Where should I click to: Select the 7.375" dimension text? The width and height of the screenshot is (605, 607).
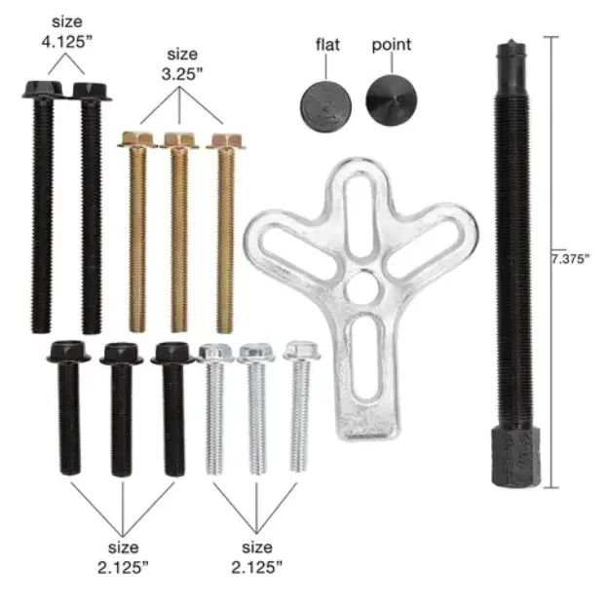570,259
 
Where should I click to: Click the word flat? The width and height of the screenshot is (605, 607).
327,45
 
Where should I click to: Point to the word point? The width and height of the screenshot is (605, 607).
391,45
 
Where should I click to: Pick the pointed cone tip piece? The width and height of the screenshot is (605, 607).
392,100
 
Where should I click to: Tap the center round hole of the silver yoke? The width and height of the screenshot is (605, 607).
360,286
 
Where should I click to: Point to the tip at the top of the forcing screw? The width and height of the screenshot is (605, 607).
511,41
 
